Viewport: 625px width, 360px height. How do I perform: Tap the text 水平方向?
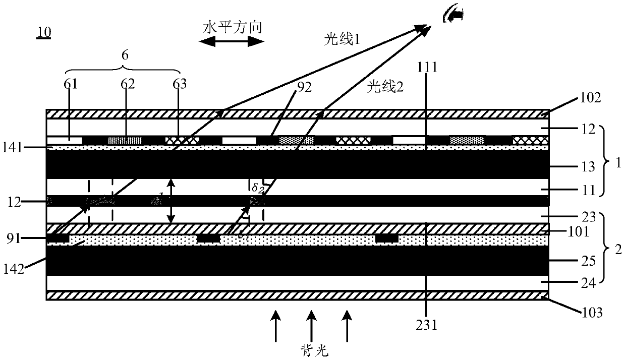232,27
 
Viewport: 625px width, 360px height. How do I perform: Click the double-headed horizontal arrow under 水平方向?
232,42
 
